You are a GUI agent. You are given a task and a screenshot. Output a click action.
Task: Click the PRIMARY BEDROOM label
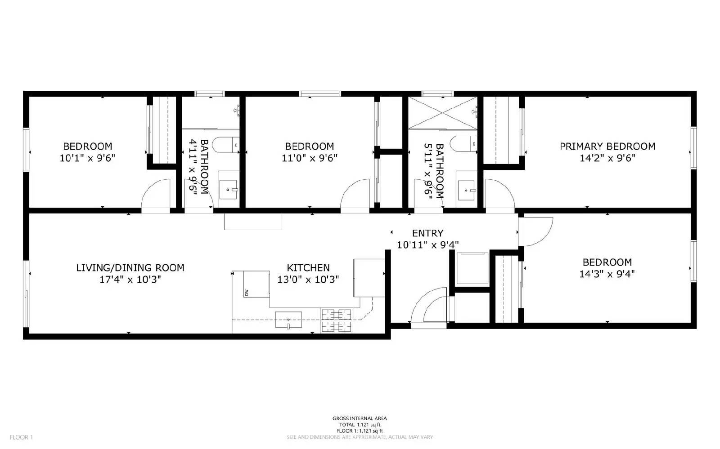tap(607, 146)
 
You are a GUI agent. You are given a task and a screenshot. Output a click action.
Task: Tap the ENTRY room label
tap(427, 233)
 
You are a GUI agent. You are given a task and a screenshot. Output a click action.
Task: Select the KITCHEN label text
tap(308, 268)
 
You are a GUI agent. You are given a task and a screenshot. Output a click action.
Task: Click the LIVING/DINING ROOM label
tap(130, 268)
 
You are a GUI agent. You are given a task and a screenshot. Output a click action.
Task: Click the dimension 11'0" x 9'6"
tap(309, 158)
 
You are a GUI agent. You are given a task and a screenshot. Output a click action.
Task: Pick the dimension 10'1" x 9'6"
tap(87, 158)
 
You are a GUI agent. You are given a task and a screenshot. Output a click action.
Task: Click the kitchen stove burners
tap(336, 320)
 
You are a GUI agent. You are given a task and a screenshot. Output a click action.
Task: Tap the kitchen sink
tap(288, 320)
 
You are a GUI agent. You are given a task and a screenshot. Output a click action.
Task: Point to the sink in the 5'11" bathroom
tap(467, 191)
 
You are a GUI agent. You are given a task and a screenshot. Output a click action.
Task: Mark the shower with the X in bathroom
tap(442, 112)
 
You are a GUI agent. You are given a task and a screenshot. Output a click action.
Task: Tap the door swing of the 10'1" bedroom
tap(156, 196)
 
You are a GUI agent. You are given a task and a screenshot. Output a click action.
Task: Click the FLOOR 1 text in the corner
tap(21, 437)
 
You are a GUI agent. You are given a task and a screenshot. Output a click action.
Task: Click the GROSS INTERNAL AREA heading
tap(359, 418)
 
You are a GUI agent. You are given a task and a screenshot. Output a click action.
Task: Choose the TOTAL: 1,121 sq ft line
tap(359, 425)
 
